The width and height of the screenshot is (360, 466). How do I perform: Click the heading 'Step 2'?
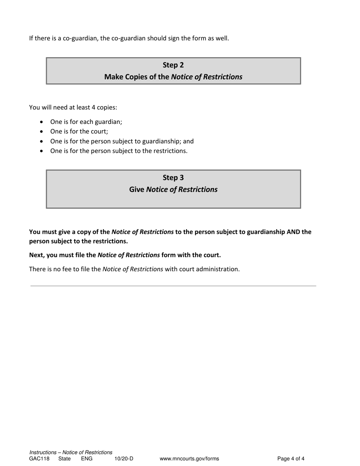(x=173, y=65)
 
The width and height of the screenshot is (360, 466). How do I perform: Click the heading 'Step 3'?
(x=173, y=177)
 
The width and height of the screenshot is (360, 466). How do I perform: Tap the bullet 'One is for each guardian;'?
(x=86, y=122)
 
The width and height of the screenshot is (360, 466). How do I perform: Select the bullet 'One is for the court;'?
(x=79, y=131)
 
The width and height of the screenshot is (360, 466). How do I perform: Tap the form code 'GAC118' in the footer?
(x=39, y=459)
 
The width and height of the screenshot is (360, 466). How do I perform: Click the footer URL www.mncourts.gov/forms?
(x=189, y=459)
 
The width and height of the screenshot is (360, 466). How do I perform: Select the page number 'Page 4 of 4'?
(x=291, y=459)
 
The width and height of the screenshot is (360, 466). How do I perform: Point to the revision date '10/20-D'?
(x=124, y=459)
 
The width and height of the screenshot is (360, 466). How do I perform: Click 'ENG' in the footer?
(x=87, y=459)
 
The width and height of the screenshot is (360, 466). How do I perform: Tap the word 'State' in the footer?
(x=64, y=459)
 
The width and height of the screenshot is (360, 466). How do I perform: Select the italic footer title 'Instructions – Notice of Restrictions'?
(x=71, y=452)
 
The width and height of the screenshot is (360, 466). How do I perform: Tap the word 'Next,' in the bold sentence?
(x=38, y=255)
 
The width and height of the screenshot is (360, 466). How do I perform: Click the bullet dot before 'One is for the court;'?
(x=42, y=131)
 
